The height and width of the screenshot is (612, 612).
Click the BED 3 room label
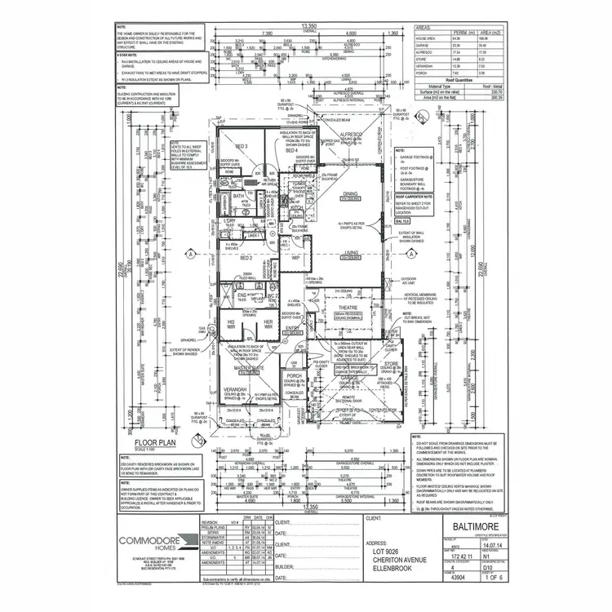point(242,146)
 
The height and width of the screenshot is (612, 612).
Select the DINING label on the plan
point(350,193)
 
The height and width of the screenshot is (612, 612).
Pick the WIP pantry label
point(295,259)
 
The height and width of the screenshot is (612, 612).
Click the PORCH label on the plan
point(295,375)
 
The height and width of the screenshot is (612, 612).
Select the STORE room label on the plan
point(391,364)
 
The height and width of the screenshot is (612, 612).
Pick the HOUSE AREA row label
point(426,38)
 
